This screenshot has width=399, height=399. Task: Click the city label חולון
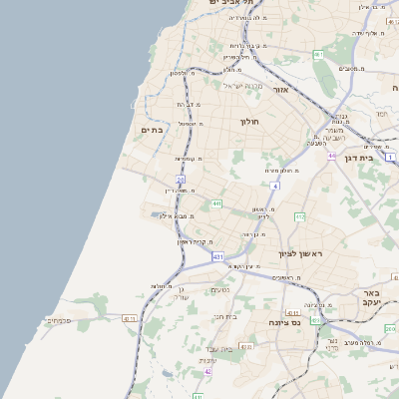pos(249,122)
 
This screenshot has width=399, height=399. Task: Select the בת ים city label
pos(152,130)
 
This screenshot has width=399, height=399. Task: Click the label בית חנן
pos(225,316)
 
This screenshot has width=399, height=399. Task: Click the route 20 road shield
pos(181,180)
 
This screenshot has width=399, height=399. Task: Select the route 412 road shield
pos(299,215)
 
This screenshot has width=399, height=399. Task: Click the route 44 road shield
pos(331,156)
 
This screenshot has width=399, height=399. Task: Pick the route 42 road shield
pos(208,371)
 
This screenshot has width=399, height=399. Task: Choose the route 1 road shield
pos(391,158)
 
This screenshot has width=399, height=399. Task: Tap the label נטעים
pos(220,290)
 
